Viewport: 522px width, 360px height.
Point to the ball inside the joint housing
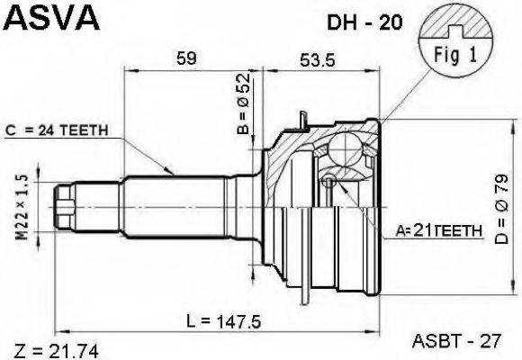coord(345,146)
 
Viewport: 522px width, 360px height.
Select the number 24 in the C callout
coord(47,130)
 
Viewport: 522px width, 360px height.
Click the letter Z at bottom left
coord(17,348)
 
